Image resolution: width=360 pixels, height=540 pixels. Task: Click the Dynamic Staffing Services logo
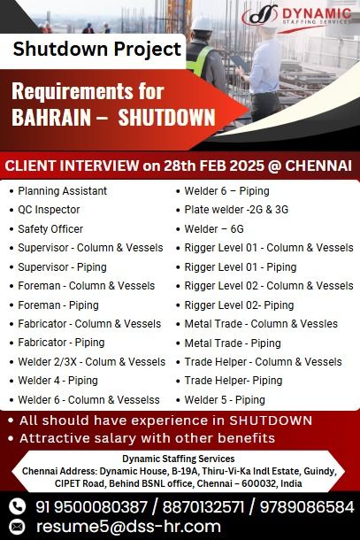296,16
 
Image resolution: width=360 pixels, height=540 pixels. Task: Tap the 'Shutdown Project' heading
97,49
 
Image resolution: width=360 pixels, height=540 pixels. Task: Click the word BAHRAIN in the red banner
51,117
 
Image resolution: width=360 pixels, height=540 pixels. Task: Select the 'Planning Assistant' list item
62,191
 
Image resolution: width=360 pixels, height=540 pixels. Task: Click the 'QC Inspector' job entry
49,210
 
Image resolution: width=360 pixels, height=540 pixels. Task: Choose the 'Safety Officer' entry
50,229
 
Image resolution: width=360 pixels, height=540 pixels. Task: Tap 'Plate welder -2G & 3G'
236,210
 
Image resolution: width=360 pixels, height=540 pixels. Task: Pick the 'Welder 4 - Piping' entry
57,381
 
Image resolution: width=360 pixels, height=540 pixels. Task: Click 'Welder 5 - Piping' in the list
225,400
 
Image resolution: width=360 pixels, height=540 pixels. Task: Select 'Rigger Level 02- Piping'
239,305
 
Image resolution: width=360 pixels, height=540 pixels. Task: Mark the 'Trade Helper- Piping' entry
234,381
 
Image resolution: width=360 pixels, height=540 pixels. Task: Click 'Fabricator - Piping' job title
61,343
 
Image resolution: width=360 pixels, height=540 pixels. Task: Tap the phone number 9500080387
101,507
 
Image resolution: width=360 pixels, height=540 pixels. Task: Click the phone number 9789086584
307,507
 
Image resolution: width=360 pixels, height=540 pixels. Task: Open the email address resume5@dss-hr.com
128,527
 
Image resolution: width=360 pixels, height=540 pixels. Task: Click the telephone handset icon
17,506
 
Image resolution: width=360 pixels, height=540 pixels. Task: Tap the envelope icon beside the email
17,527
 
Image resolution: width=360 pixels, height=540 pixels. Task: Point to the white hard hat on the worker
202,23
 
